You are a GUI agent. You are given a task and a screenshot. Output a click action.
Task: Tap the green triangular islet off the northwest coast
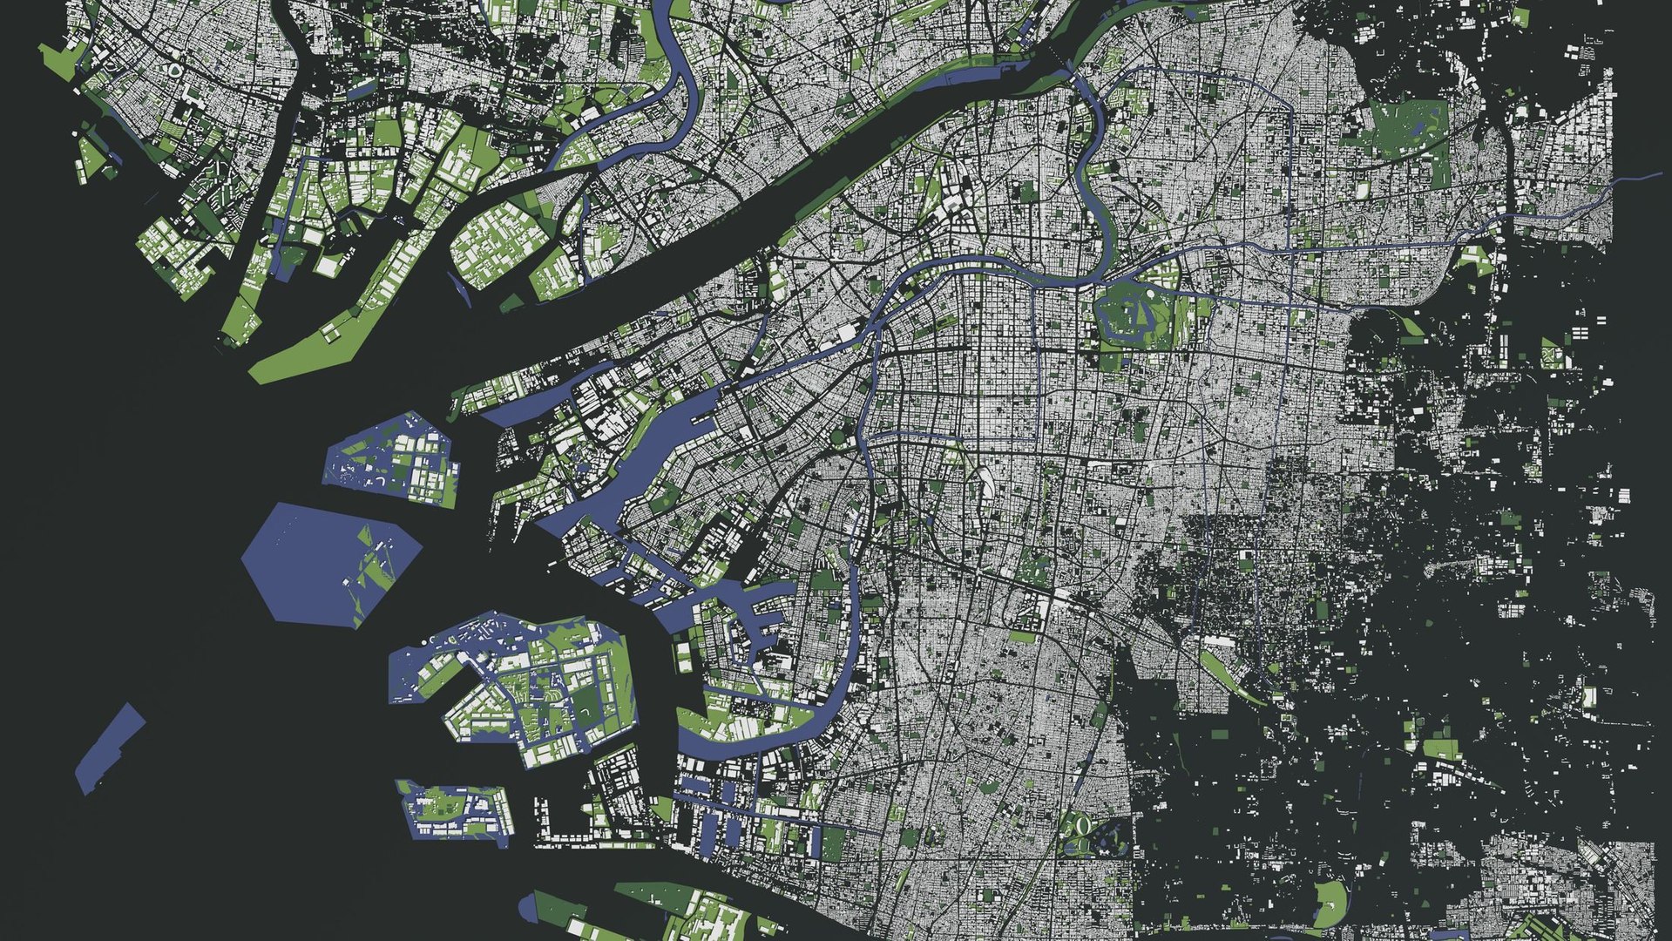click(91, 158)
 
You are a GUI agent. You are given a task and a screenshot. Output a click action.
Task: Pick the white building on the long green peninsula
click(330, 332)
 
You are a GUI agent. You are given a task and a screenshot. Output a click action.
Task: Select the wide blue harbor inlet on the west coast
click(662, 444)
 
